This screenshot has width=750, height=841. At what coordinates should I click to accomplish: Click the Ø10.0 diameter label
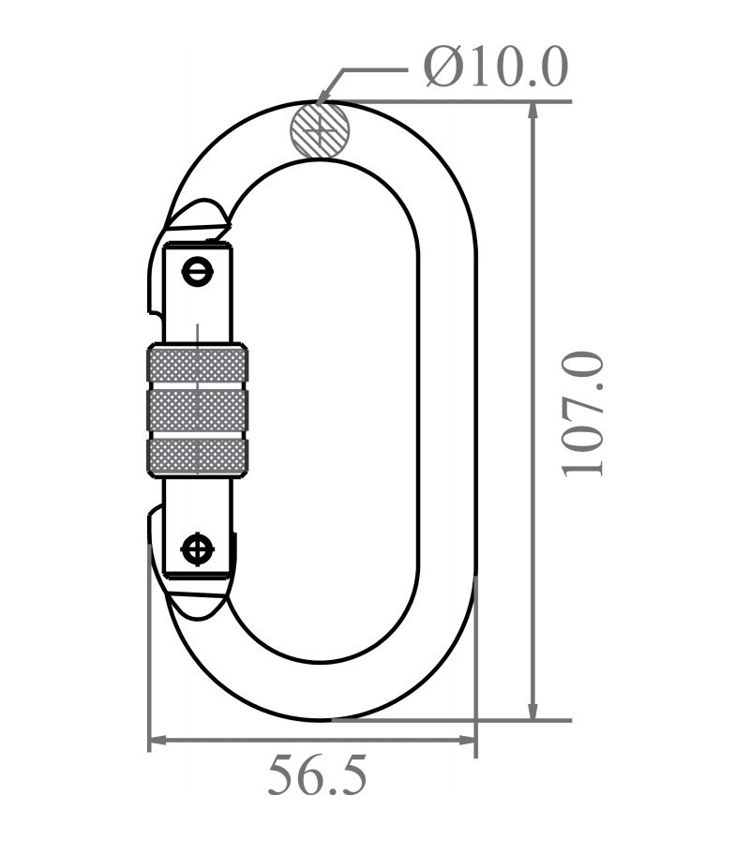click(495, 67)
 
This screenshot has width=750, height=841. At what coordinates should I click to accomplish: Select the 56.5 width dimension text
click(317, 776)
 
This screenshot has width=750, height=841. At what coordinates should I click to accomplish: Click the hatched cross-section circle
click(320, 129)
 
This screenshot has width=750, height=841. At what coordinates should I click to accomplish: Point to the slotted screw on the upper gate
click(197, 272)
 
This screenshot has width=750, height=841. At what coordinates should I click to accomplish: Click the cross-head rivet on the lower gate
click(197, 548)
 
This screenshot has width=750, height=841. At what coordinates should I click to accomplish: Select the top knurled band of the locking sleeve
click(197, 365)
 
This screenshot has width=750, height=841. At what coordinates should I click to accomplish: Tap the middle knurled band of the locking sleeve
click(197, 410)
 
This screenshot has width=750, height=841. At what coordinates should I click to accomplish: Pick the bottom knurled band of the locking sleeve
click(197, 455)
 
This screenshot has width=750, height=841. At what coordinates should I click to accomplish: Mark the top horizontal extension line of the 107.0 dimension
click(450, 101)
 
